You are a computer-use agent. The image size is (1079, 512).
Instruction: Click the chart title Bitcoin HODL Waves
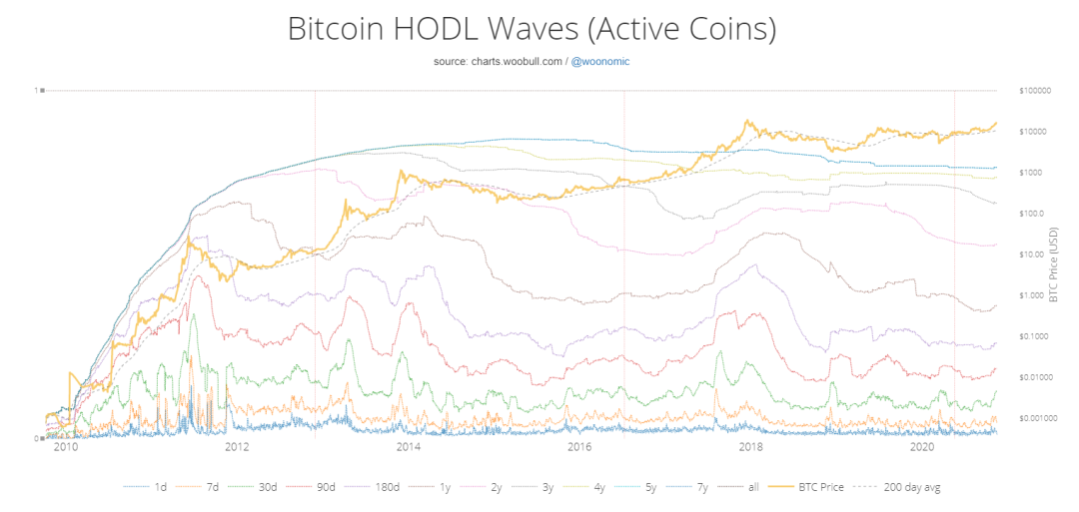(532, 29)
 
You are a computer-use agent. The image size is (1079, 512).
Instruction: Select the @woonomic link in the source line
(599, 62)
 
